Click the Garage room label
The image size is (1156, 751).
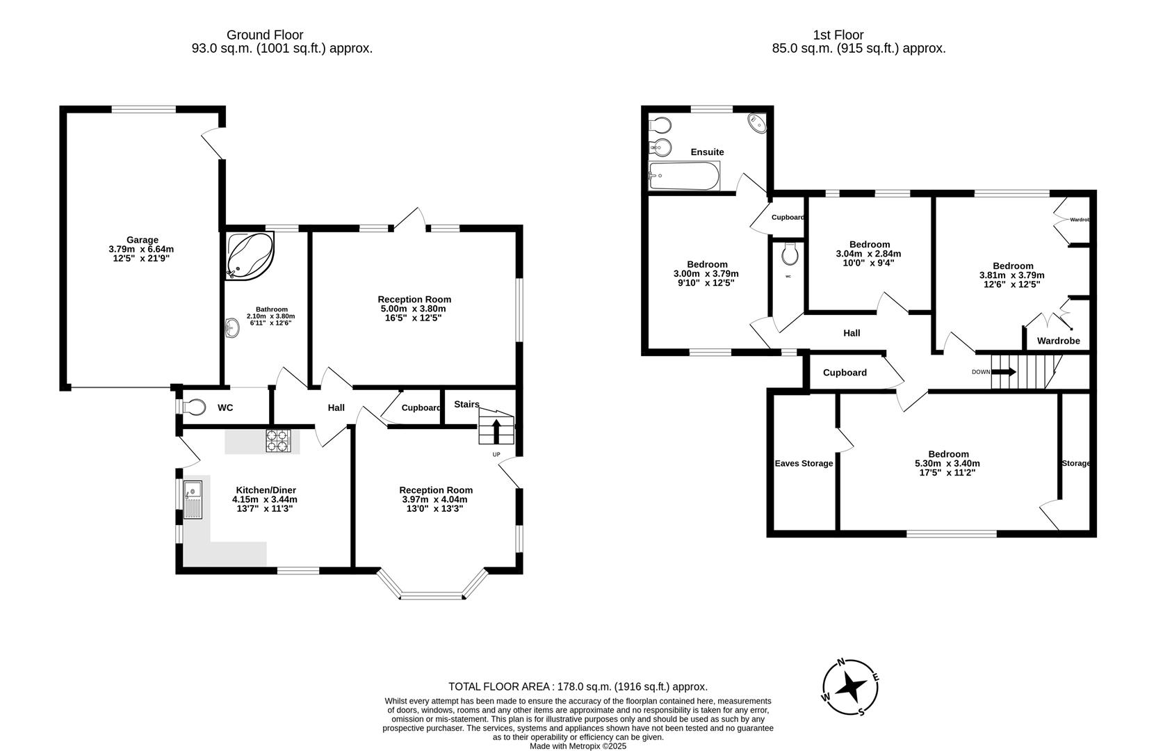pyautogui.click(x=142, y=240)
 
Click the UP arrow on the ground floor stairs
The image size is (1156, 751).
pyautogui.click(x=496, y=431)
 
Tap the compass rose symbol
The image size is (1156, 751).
pyautogui.click(x=850, y=688)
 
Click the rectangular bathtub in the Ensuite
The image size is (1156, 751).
pyautogui.click(x=683, y=176)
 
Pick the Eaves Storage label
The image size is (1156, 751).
pyautogui.click(x=804, y=464)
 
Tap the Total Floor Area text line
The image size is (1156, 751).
pyautogui.click(x=578, y=686)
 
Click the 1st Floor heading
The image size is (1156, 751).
pyautogui.click(x=838, y=35)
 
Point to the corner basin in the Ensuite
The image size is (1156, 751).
pyautogui.click(x=756, y=123)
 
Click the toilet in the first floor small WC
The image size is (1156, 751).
pyautogui.click(x=789, y=255)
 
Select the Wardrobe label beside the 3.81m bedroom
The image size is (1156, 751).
pyautogui.click(x=1058, y=341)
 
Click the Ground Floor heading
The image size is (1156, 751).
pyautogui.click(x=265, y=35)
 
